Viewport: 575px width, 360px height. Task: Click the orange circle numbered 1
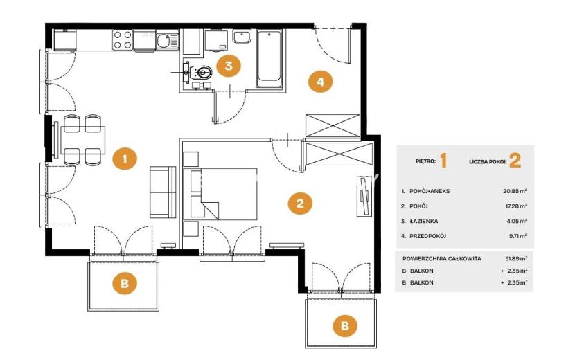tap(125, 159)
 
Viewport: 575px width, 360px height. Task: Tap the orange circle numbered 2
tap(300, 203)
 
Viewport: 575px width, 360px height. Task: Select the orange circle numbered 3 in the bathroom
tap(229, 66)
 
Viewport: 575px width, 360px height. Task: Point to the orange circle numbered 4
tap(320, 82)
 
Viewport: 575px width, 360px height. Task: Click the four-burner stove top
tap(123, 39)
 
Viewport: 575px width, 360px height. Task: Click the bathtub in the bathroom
tap(269, 59)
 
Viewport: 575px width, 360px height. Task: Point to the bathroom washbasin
tap(242, 37)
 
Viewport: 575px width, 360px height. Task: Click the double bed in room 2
tap(220, 194)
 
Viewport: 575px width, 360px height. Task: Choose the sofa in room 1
tap(163, 192)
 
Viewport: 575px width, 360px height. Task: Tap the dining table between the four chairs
tap(83, 140)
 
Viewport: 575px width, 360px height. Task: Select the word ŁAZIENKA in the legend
tap(423, 221)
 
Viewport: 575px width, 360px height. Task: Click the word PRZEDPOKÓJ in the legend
tap(427, 236)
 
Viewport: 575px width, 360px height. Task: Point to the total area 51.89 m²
tap(516, 258)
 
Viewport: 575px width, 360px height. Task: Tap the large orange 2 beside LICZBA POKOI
tap(515, 161)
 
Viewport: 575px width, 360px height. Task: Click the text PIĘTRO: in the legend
tap(425, 161)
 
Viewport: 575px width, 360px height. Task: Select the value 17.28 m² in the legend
tap(516, 206)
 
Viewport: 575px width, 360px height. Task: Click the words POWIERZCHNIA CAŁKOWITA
tap(441, 258)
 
